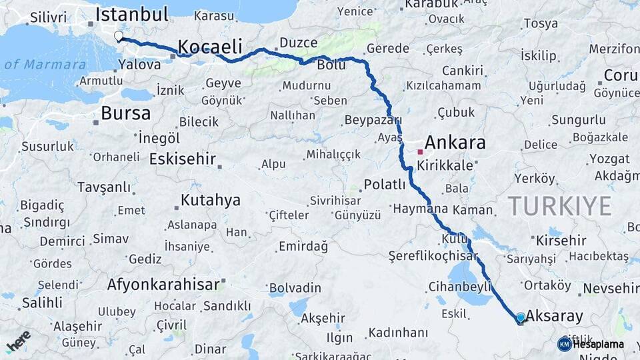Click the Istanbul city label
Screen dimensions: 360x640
tap(131, 15)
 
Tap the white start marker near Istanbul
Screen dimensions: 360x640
tap(119, 36)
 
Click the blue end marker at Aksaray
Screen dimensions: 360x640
tap(520, 318)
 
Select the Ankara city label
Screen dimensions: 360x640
tap(455, 143)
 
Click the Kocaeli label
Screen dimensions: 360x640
tap(209, 47)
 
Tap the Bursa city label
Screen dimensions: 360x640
tap(125, 113)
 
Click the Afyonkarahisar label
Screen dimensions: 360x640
tap(163, 285)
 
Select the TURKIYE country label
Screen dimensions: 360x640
tap(559, 207)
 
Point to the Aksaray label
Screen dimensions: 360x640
tap(554, 316)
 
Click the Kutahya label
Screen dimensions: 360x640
tap(211, 200)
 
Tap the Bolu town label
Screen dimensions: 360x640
tap(331, 65)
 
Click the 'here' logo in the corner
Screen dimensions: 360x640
tap(18, 341)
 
